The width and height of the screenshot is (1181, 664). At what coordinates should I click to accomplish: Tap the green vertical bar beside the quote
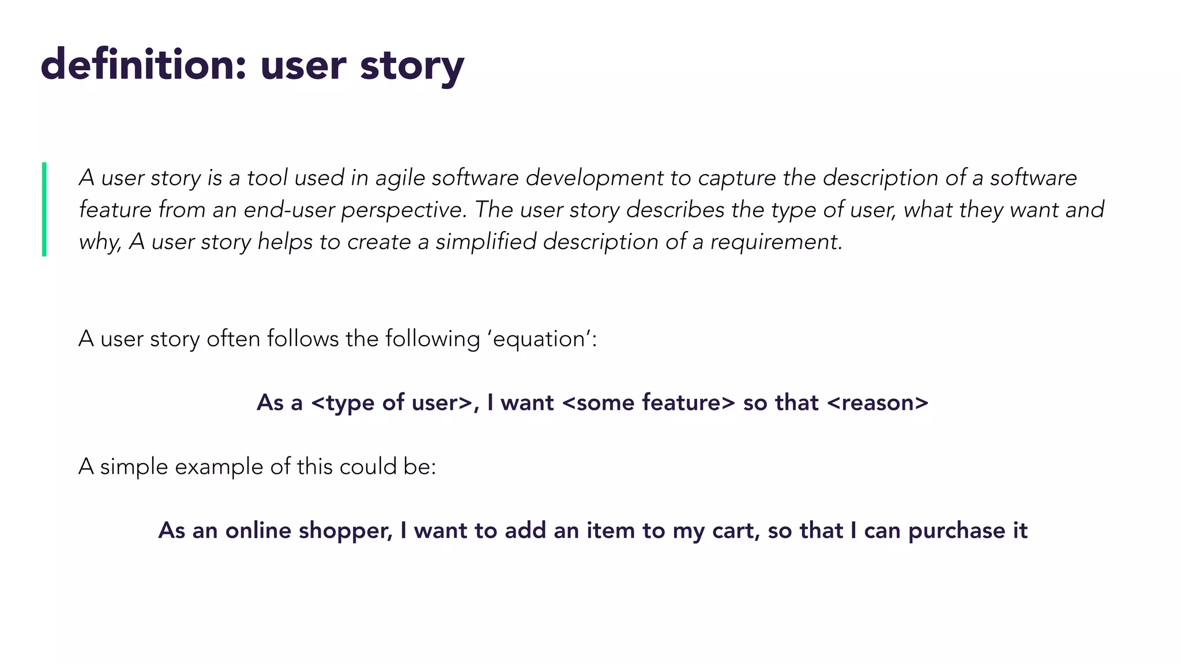pyautogui.click(x=44, y=209)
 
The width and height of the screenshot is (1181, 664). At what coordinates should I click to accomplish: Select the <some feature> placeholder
pyautogui.click(x=648, y=403)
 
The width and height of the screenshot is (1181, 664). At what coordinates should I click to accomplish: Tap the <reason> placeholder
pyautogui.click(x=877, y=403)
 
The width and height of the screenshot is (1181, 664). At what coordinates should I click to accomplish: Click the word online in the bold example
pyautogui.click(x=258, y=531)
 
